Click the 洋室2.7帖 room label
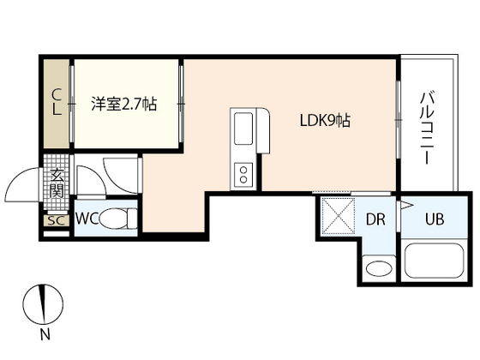[124, 104]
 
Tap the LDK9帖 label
[325, 121]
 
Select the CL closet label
[56, 102]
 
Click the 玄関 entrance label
[57, 183]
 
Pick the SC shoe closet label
[57, 220]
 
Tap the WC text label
[87, 219]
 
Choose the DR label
[375, 219]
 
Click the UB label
[435, 219]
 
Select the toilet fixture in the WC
[118, 219]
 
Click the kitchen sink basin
[243, 129]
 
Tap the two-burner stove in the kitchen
[243, 175]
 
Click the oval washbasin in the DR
[379, 269]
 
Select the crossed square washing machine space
[339, 216]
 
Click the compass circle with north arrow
[44, 303]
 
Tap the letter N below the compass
[45, 334]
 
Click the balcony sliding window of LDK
[399, 119]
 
